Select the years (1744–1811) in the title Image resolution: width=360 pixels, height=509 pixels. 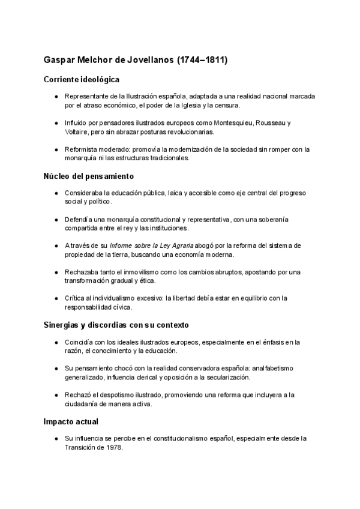coord(202,61)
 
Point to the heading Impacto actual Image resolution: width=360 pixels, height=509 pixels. coord(71,421)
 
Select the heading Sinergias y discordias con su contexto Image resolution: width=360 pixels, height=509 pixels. coord(116,325)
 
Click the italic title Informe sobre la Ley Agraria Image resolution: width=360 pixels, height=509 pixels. coord(151,245)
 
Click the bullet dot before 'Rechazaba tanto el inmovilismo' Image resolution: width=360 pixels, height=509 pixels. coord(56,272)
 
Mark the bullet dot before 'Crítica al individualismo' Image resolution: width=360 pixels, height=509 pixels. coord(56,298)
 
